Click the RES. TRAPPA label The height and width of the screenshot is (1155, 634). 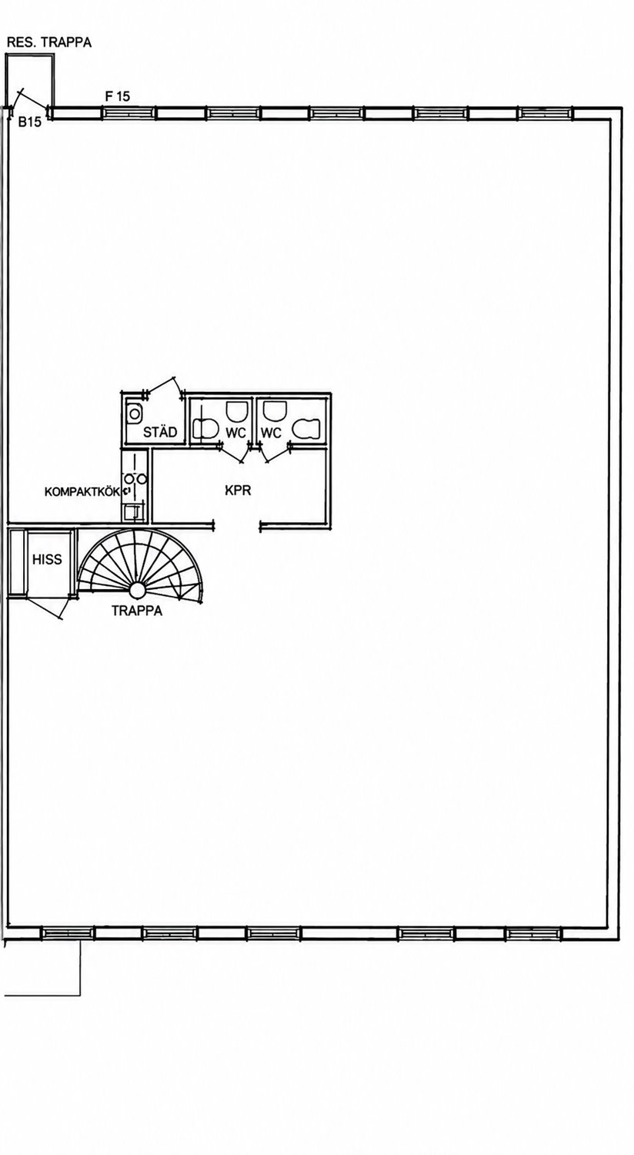click(x=49, y=43)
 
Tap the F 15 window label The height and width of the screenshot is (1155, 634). click(x=118, y=96)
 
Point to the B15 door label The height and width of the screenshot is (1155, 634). click(x=29, y=122)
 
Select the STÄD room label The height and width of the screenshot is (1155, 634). click(x=160, y=431)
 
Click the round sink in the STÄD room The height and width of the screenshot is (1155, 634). click(x=135, y=413)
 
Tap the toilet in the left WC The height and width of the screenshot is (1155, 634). click(x=204, y=428)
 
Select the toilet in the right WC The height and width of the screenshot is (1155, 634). click(x=306, y=428)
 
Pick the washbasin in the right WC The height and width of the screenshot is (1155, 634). click(x=274, y=410)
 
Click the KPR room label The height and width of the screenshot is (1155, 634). click(x=238, y=490)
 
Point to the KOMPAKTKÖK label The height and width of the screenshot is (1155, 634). click(x=82, y=491)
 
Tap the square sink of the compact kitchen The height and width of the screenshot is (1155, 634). click(x=133, y=511)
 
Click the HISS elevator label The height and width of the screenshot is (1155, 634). click(x=47, y=560)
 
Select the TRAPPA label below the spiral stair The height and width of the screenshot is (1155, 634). click(x=137, y=611)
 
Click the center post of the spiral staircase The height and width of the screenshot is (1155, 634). click(x=137, y=589)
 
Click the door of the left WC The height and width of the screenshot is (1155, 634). click(x=235, y=454)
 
